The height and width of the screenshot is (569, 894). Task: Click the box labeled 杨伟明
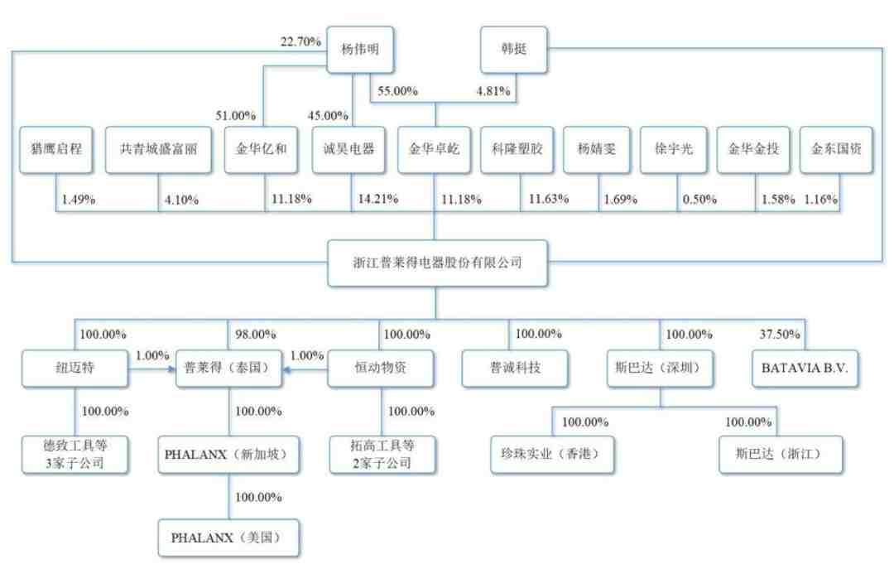pyautogui.click(x=360, y=49)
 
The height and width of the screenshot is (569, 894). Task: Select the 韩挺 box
pyautogui.click(x=514, y=49)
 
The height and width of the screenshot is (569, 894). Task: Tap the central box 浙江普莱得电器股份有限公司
pyautogui.click(x=437, y=263)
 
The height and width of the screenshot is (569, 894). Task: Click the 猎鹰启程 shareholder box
pyautogui.click(x=56, y=150)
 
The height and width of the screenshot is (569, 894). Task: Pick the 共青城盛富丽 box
pyautogui.click(x=158, y=150)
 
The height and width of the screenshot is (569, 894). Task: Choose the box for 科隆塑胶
pyautogui.click(x=517, y=150)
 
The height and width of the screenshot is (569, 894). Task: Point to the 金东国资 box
pyautogui.click(x=836, y=150)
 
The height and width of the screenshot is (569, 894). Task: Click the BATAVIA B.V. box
pyautogui.click(x=805, y=368)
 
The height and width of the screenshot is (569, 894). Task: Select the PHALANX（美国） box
pyautogui.click(x=228, y=538)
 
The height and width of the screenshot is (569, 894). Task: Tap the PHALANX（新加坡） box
pyautogui.click(x=228, y=454)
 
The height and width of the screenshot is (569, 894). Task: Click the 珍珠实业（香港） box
pyautogui.click(x=552, y=454)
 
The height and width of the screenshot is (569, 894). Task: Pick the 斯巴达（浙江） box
pyautogui.click(x=780, y=454)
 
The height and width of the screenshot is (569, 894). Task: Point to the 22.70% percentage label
pyautogui.click(x=300, y=41)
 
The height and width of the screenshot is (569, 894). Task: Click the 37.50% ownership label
pyautogui.click(x=780, y=334)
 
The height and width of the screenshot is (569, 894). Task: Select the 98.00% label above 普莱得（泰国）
pyautogui.click(x=256, y=334)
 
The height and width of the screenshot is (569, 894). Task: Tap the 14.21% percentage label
pyautogui.click(x=378, y=199)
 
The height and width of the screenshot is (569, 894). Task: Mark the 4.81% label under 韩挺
pyautogui.click(x=493, y=91)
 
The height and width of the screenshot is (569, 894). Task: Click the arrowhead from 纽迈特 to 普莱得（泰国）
pyautogui.click(x=171, y=369)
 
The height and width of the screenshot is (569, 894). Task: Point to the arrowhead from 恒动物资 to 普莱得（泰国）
pyautogui.click(x=287, y=369)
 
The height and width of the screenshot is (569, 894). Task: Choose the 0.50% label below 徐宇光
pyautogui.click(x=699, y=199)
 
